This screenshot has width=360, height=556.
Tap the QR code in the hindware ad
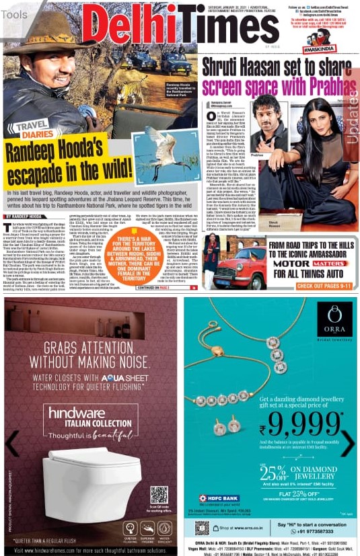[x=158, y=495]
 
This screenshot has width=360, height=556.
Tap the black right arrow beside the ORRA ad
[x=348, y=443]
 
